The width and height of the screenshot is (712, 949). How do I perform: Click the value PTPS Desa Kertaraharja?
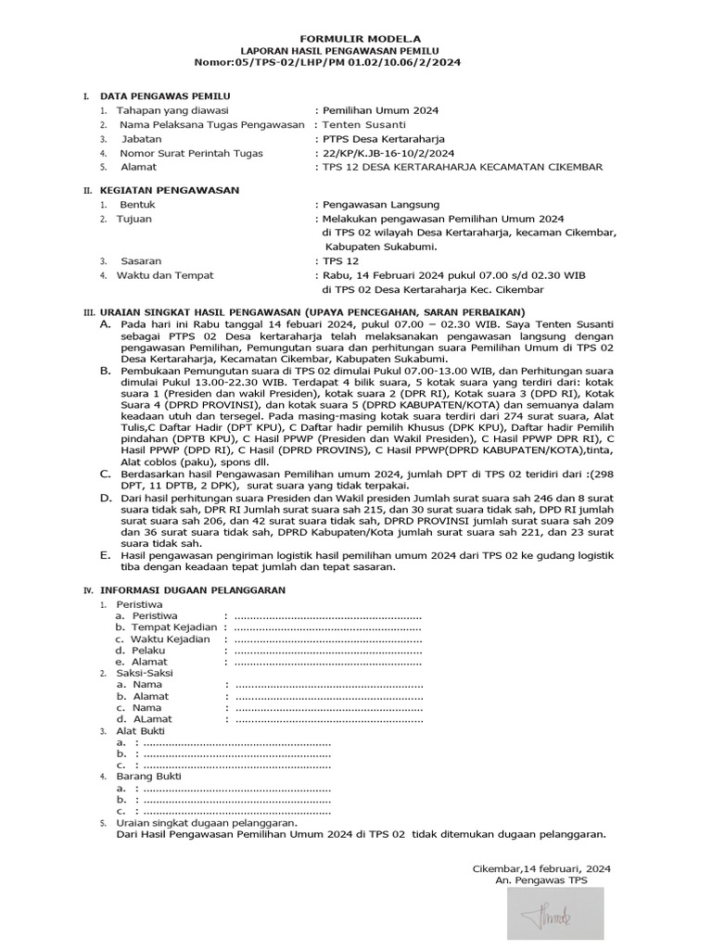point(385,139)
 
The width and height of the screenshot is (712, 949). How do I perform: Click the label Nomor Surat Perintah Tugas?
point(190,153)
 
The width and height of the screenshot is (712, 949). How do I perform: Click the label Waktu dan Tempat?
point(165,275)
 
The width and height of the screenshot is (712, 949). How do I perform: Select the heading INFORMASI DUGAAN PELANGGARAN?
point(192,589)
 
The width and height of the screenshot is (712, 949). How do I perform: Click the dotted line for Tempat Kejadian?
point(327,627)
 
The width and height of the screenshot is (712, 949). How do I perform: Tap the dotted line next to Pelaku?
point(327,651)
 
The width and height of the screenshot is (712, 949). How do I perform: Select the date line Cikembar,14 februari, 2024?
point(541,868)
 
